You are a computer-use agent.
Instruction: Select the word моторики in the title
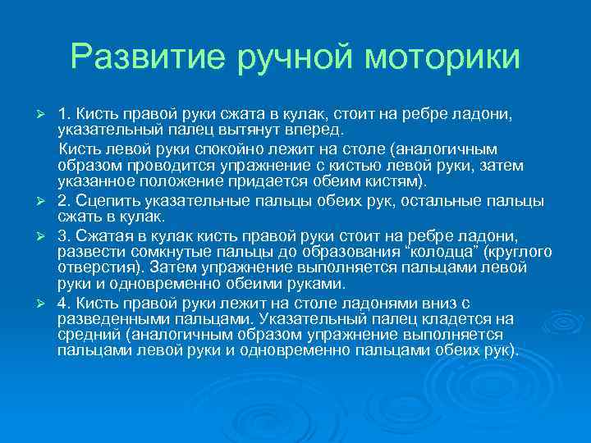(442, 57)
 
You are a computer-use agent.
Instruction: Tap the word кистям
(388, 180)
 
